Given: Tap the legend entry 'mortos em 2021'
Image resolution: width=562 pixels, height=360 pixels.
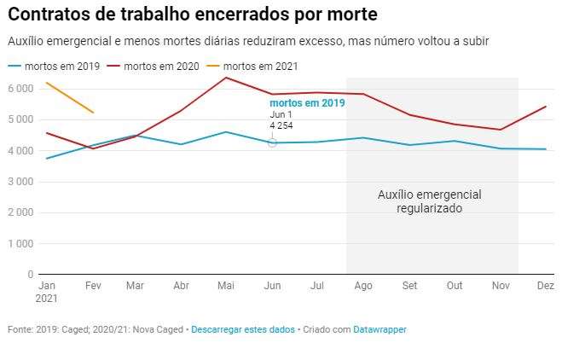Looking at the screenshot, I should (x=260, y=66).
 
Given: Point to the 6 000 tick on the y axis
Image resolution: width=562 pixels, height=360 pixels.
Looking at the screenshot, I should (x=19, y=89).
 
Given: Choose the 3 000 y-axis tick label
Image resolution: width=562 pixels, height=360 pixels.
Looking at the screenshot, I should (x=19, y=182).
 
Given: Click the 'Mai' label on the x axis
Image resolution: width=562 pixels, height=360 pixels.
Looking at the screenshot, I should (x=225, y=287).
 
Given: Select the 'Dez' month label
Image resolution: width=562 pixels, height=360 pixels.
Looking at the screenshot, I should (x=546, y=287).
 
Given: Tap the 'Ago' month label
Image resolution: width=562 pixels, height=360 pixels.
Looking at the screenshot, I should (x=362, y=287).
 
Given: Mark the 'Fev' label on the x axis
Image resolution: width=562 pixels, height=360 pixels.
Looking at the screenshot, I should (x=93, y=287).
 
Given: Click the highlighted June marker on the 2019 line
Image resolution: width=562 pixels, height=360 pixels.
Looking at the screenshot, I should (x=272, y=142).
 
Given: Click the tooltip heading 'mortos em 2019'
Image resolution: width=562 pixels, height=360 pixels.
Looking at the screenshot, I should (x=307, y=103).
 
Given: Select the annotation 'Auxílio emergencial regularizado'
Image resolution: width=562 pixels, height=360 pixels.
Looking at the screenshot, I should (x=429, y=201).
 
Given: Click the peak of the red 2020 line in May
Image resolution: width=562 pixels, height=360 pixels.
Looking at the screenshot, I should (x=225, y=78).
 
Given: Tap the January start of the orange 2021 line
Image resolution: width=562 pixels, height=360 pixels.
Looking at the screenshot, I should (x=47, y=83).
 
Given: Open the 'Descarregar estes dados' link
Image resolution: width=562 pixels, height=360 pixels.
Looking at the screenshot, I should (x=243, y=328).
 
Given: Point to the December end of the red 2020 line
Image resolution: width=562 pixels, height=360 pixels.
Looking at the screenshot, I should (x=546, y=107).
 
